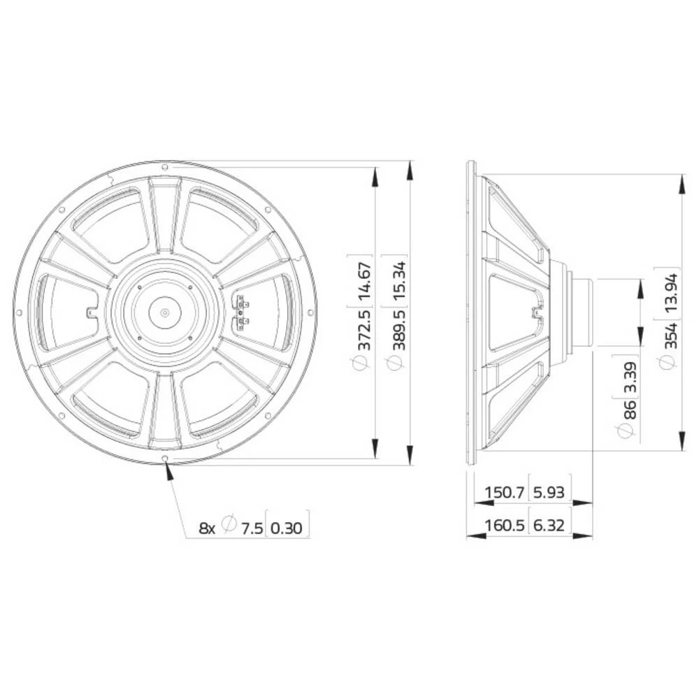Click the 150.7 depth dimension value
pyautogui.click(x=504, y=493)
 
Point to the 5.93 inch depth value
pyautogui.click(x=548, y=493)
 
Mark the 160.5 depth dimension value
pyautogui.click(x=504, y=525)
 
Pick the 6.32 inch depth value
pyautogui.click(x=548, y=525)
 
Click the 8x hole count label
pyautogui.click(x=207, y=528)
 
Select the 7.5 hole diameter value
pyautogui.click(x=251, y=528)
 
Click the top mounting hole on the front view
pyautogui.click(x=164, y=168)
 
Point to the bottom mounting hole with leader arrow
pyautogui.click(x=164, y=459)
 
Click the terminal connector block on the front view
pyautogui.click(x=241, y=313)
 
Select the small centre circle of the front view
pyautogui.click(x=164, y=313)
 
